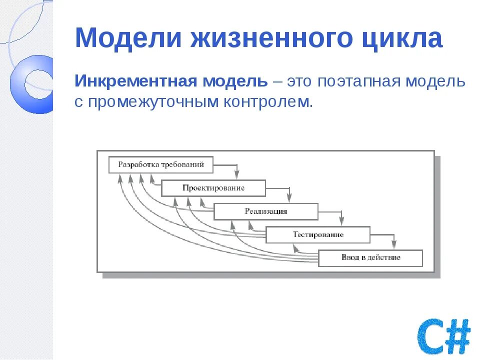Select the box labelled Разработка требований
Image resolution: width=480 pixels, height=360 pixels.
point(160,164)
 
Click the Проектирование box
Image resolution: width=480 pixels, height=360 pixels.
point(213,188)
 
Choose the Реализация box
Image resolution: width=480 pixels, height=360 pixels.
point(265,211)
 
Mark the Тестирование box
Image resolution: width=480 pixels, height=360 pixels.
point(318,234)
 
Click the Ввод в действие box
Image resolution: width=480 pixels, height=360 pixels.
point(370,258)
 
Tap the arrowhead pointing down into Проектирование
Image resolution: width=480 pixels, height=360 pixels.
point(237,174)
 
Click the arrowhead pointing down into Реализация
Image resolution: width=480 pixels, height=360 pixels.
point(289,197)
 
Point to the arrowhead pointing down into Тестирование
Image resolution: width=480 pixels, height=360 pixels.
point(342,220)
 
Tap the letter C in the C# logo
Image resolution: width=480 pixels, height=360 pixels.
point(431,336)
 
